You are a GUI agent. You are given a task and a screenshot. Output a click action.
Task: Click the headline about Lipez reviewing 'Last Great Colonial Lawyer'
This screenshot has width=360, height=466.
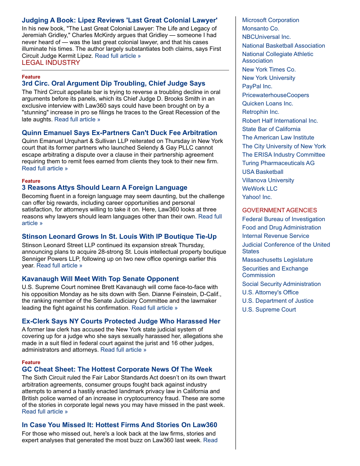pyautogui.click(x=120, y=20)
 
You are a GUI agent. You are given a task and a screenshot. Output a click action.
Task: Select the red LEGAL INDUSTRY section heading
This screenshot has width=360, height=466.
pyautogui.click(x=51, y=63)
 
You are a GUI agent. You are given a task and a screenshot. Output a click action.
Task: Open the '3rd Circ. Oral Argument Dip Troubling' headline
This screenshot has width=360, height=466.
pyautogui.click(x=113, y=83)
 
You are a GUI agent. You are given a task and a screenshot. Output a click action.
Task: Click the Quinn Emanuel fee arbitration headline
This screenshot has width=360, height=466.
pyautogui.click(x=119, y=133)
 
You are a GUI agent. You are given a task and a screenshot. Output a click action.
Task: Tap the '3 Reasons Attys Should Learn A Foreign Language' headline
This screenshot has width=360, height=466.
pyautogui.click(x=105, y=188)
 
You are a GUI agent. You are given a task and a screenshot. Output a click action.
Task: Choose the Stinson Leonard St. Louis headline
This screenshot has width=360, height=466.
pyautogui.click(x=119, y=237)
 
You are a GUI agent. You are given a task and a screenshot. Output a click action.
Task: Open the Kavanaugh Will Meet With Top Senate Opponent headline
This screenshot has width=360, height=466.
pyautogui.click(x=100, y=279)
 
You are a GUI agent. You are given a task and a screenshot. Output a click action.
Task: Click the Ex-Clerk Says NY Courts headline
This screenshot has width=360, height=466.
pyautogui.click(x=121, y=321)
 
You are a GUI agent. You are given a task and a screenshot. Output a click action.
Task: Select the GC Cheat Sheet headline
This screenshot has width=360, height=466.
pyautogui.click(x=117, y=369)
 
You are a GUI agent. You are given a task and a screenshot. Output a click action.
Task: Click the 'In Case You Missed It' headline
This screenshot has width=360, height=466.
pyautogui.click(x=119, y=425)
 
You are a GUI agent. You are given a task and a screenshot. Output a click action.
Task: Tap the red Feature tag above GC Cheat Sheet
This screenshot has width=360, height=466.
pyautogui.click(x=31, y=362)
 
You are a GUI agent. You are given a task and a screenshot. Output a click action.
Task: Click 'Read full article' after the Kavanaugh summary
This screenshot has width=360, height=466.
pyautogui.click(x=154, y=308)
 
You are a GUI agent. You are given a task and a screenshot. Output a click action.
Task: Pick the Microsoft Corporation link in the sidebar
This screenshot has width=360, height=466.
pyautogui.click(x=270, y=20)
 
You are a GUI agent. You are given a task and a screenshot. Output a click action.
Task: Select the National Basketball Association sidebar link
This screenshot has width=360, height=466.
pyautogui.click(x=283, y=46)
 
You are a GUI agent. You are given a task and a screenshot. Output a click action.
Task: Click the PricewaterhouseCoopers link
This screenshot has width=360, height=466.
pyautogui.click(x=275, y=95)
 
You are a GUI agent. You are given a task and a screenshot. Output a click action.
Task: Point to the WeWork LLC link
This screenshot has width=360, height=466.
pyautogui.click(x=259, y=189)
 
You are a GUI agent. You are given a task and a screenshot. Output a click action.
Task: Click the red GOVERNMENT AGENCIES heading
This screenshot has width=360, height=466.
pyautogui.click(x=279, y=210)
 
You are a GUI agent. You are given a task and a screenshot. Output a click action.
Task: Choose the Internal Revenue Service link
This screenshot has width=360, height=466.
pyautogui.click(x=275, y=236)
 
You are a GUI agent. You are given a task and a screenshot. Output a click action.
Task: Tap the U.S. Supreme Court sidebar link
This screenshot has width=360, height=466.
pyautogui.click(x=269, y=310)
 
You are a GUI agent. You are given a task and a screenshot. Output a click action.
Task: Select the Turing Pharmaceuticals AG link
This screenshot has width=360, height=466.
pyautogui.click(x=278, y=163)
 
